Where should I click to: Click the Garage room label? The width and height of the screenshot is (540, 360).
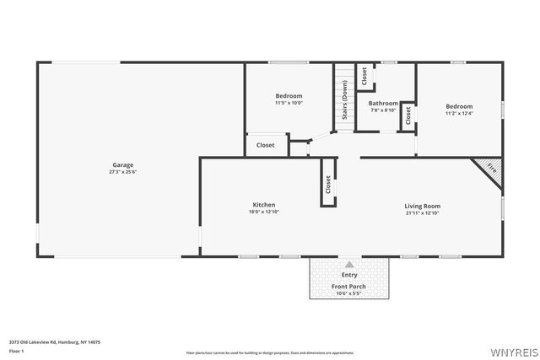[x=123, y=164]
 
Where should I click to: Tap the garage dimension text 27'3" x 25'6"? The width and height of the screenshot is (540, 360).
[x=123, y=172]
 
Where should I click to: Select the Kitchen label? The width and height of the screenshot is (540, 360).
[x=264, y=205]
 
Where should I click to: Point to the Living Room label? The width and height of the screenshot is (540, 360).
[x=422, y=206]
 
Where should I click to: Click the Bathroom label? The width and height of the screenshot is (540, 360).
[x=383, y=103]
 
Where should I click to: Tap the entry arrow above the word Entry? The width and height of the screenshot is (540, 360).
[x=349, y=264]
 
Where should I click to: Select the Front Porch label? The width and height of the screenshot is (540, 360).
[x=348, y=287]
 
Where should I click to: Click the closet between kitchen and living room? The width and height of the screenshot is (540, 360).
[x=327, y=184]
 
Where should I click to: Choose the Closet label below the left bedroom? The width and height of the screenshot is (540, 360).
[x=266, y=145]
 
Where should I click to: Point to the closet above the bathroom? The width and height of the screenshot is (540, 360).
[x=364, y=76]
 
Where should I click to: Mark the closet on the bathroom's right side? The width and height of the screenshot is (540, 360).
[x=408, y=116]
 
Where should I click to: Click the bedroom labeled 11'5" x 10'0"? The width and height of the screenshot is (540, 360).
[x=289, y=99]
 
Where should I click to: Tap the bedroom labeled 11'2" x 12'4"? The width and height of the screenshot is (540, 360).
[x=459, y=110]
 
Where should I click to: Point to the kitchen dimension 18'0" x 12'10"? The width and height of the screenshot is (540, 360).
[x=264, y=212]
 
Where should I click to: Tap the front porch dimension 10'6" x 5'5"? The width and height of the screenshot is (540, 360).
[x=348, y=293]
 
